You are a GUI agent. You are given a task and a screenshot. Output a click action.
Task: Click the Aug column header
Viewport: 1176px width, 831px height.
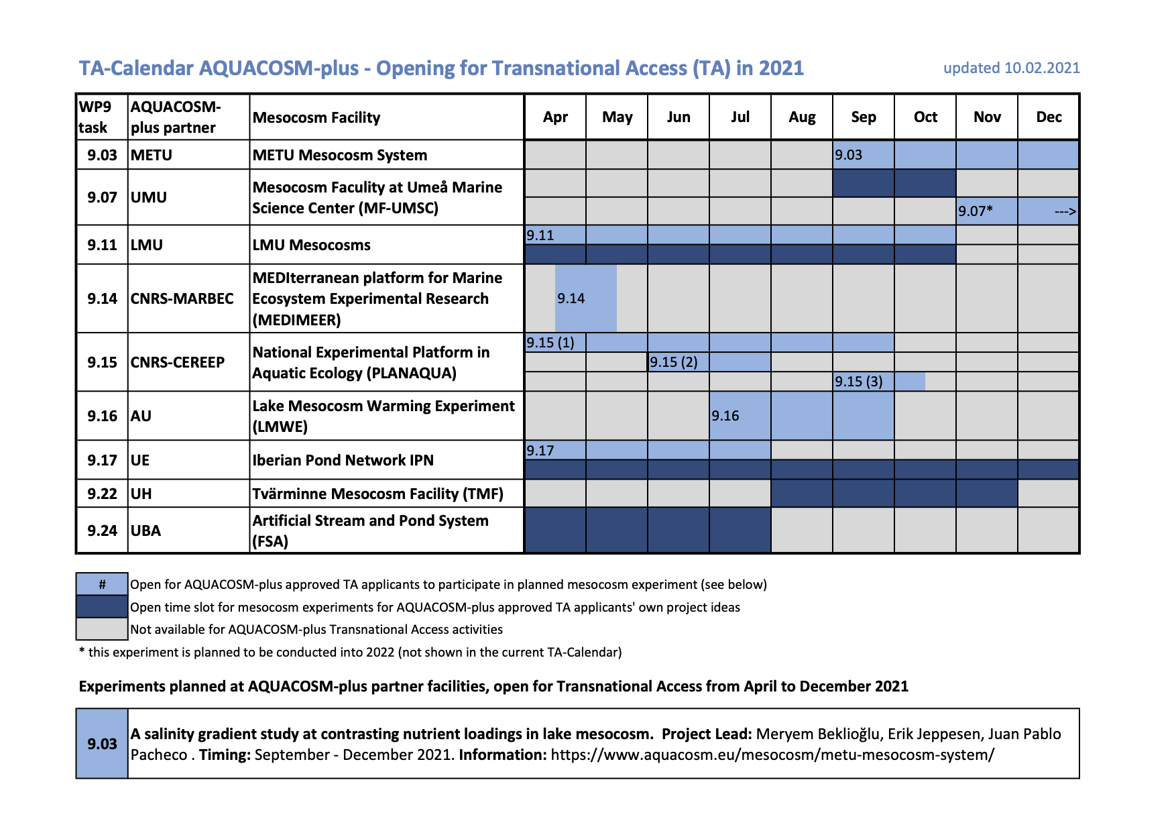(x=802, y=117)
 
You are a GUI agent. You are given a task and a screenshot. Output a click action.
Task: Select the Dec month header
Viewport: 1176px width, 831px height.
(x=1049, y=117)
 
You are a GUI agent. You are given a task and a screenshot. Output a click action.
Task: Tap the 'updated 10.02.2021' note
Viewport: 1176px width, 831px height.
(x=1011, y=68)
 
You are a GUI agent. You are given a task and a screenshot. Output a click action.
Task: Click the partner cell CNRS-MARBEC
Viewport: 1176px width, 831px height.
(x=182, y=298)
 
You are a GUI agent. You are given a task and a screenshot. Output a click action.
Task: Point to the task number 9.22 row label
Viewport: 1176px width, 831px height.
(x=102, y=494)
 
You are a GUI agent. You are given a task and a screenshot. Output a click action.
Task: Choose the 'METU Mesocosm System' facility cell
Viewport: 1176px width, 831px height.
(x=339, y=155)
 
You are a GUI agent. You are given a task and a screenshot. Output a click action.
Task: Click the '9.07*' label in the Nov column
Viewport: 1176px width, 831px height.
(x=975, y=211)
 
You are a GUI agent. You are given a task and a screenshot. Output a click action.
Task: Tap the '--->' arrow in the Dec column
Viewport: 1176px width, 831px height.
(x=1065, y=212)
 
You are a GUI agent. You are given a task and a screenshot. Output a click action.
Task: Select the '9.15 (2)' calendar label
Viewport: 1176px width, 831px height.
(x=673, y=362)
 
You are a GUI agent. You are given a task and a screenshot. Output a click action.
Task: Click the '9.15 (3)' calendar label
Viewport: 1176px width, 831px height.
(x=858, y=382)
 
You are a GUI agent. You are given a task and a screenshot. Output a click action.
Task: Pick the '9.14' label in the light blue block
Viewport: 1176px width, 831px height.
(x=571, y=298)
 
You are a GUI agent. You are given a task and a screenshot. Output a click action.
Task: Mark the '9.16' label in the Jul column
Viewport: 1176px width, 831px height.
(x=725, y=416)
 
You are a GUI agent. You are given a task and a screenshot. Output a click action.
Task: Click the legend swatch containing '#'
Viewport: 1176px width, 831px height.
(x=102, y=584)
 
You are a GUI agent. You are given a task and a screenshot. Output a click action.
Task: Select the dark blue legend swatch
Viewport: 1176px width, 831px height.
(x=102, y=607)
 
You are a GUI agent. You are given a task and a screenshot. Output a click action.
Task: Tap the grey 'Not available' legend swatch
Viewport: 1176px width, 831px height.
(x=102, y=629)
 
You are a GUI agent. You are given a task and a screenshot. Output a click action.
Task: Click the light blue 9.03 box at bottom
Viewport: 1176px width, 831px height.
(x=102, y=744)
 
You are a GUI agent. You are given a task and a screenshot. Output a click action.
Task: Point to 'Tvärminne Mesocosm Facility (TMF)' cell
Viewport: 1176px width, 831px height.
(x=377, y=494)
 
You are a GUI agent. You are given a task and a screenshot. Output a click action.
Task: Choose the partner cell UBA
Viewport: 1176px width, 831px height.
(x=145, y=531)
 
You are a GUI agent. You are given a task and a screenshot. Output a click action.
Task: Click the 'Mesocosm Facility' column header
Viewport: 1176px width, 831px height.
(x=316, y=117)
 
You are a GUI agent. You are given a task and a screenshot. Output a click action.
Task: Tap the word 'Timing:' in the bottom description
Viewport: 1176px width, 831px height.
(x=225, y=755)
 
